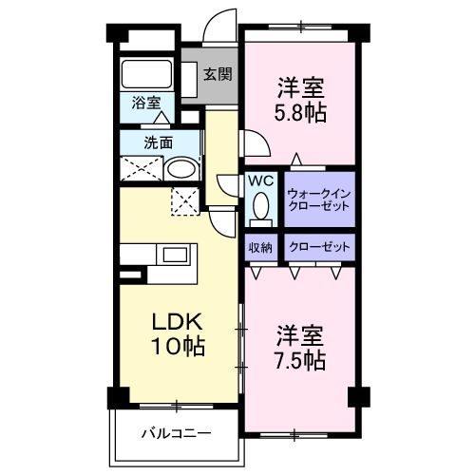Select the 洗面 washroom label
coord(158,143)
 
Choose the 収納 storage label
coord(261,247)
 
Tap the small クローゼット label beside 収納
coord(319,247)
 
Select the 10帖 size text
coord(176,347)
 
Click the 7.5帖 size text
coord(302,361)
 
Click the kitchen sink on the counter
coord(174,255)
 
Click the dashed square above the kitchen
coord(184,200)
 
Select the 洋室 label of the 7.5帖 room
coord(302,335)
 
